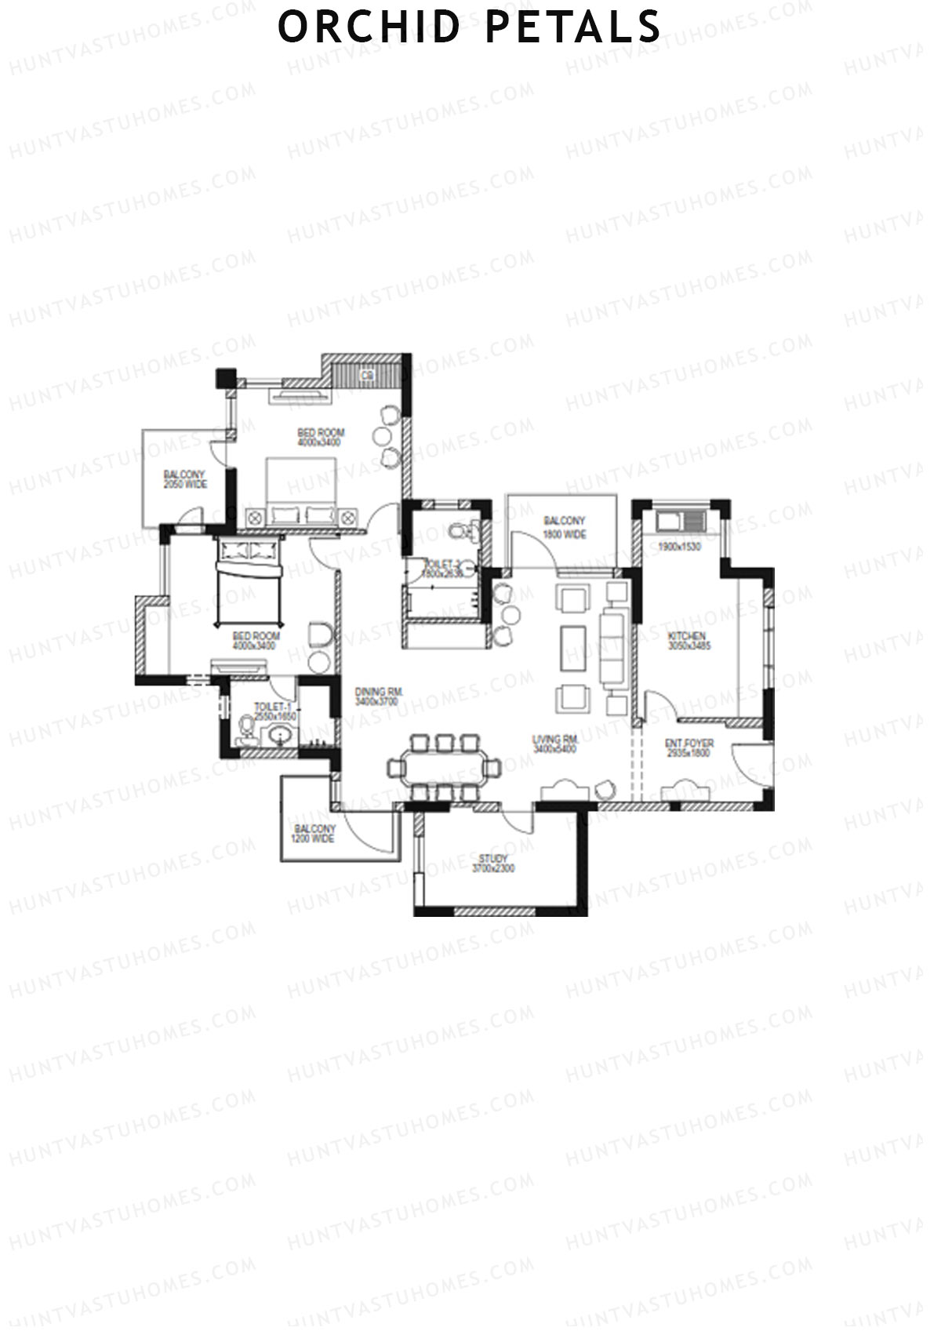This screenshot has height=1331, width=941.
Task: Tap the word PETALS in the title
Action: [x=573, y=27]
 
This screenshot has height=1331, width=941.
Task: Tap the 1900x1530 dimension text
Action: [x=679, y=547]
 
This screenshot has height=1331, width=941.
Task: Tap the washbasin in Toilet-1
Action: [x=280, y=736]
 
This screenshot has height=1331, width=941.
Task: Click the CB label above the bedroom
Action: [x=366, y=376]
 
